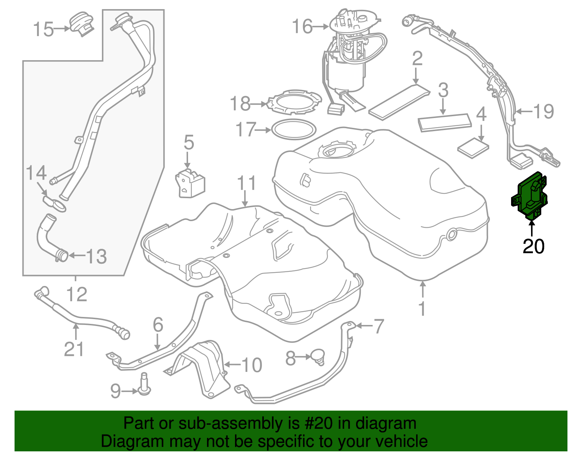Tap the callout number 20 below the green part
point(533,247)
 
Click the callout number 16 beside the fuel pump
point(302,27)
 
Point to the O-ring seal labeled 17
point(294,129)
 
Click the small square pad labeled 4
point(473,148)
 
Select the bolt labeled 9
point(144,385)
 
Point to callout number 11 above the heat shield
point(246,184)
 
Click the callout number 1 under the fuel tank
point(422,309)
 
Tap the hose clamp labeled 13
point(62,255)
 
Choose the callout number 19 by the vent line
point(543,111)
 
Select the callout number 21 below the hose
point(74,349)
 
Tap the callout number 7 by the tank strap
point(379,326)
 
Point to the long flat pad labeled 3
point(445,122)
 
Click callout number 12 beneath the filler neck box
point(77,294)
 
